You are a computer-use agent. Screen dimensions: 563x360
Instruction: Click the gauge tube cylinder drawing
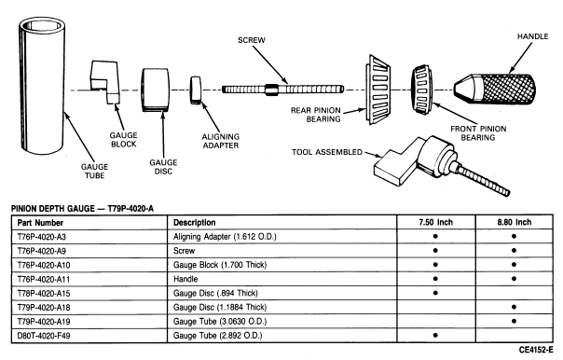(x=42, y=86)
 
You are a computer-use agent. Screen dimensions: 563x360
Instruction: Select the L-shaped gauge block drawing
(x=104, y=80)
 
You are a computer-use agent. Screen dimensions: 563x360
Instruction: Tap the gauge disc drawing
(x=156, y=90)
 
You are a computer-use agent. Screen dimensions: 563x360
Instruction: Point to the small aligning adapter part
(x=196, y=90)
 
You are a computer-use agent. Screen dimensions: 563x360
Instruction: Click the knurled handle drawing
(x=495, y=90)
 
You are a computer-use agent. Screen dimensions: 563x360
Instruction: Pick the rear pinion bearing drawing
(x=378, y=90)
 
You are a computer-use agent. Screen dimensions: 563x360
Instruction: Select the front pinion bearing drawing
(x=422, y=90)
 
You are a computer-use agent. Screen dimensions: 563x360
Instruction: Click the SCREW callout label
(x=252, y=40)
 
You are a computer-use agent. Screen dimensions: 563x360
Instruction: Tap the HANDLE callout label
(x=532, y=36)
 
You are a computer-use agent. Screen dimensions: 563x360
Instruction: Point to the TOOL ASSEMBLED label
(x=327, y=152)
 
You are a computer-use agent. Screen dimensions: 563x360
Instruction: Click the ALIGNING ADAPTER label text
(x=221, y=141)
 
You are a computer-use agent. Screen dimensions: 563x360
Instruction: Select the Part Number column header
(x=40, y=223)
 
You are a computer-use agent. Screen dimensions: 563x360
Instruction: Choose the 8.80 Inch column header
(x=515, y=222)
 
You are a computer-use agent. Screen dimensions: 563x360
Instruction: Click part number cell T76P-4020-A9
(x=42, y=251)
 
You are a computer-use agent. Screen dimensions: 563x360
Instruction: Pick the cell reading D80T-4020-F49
(x=44, y=336)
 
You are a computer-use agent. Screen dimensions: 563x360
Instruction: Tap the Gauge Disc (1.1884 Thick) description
(x=220, y=308)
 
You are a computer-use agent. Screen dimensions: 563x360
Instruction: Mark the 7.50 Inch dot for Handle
(x=435, y=279)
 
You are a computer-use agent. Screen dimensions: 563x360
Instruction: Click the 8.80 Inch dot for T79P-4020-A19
(x=515, y=321)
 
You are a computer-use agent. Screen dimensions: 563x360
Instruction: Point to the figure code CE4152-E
(x=536, y=350)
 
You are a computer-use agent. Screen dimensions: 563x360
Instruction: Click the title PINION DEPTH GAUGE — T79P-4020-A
(x=82, y=209)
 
